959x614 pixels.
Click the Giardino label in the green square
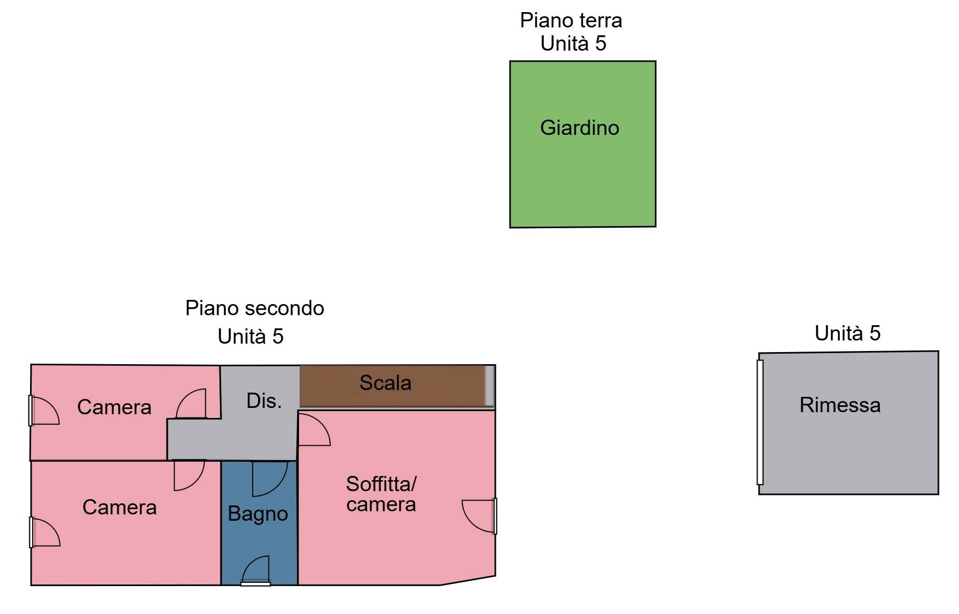[x=579, y=128]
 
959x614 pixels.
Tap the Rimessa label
[x=840, y=405]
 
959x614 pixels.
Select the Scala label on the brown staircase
[x=385, y=383]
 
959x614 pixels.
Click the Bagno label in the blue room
[x=258, y=514]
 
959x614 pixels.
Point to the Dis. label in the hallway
[x=264, y=401]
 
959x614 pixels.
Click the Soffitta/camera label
[x=381, y=494]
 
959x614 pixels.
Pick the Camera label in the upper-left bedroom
[x=114, y=407]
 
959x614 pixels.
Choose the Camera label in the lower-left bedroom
[x=119, y=507]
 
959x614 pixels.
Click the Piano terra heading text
[x=571, y=21]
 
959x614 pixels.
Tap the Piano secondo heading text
[x=254, y=308]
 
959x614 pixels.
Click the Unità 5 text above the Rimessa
[x=847, y=333]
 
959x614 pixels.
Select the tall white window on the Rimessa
[x=760, y=422]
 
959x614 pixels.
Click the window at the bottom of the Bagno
[x=256, y=582]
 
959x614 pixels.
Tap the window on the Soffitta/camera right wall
[x=494, y=516]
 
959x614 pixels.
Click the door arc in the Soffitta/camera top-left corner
[x=313, y=430]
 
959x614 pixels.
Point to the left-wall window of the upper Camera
[x=31, y=410]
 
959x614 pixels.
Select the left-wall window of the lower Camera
[x=31, y=532]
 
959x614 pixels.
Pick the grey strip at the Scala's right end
[x=490, y=386]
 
